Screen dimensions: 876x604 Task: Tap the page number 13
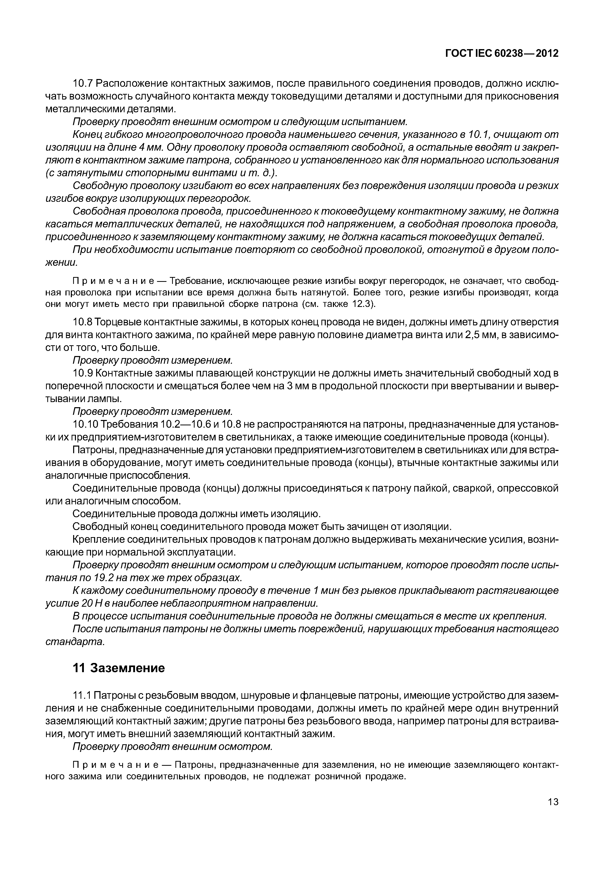553,812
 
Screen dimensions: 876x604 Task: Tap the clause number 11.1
82,695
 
